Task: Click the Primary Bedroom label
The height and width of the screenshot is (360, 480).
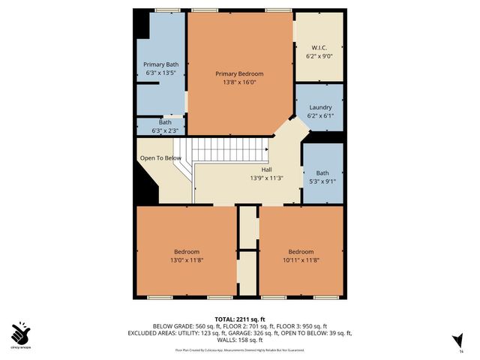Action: pos(239,73)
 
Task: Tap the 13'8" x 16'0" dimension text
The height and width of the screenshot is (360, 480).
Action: pos(239,82)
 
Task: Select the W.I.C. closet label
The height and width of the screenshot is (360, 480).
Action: pos(319,47)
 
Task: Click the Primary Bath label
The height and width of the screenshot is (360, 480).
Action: pos(161,64)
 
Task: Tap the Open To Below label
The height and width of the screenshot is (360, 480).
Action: pos(160,158)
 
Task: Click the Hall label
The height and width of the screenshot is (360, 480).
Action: pos(265,170)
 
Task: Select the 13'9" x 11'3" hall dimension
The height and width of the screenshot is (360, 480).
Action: pos(265,178)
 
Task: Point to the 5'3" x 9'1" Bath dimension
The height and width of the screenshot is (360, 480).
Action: pos(322,181)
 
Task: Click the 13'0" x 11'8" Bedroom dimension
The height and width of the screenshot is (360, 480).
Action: pos(187,259)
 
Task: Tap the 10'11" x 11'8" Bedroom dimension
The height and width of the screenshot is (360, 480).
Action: pos(301,259)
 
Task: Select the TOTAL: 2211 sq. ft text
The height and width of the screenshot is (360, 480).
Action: pos(239,317)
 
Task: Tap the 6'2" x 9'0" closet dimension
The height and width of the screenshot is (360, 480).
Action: pos(319,56)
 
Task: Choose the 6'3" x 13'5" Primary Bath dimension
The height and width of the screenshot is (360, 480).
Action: pos(161,73)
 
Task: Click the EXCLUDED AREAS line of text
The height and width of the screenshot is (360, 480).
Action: pos(239,332)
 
